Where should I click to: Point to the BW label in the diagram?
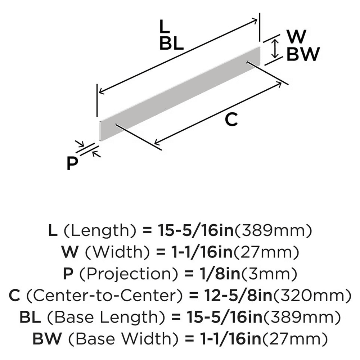pos(303,54)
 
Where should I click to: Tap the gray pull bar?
pos(180,94)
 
